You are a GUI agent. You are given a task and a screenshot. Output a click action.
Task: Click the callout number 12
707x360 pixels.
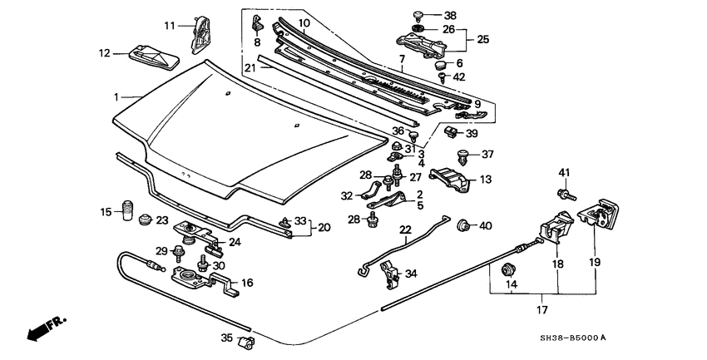[105, 53]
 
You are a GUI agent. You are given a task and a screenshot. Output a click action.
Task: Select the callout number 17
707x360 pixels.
[541, 310]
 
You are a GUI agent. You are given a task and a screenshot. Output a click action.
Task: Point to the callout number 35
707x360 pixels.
[227, 338]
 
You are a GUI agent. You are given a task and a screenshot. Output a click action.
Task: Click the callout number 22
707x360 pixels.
[405, 230]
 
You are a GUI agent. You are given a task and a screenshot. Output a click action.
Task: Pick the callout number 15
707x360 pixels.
[105, 213]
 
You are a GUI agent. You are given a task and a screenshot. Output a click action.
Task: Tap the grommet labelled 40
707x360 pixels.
[464, 224]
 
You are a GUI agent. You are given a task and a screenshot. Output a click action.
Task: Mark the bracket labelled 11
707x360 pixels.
[200, 31]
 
